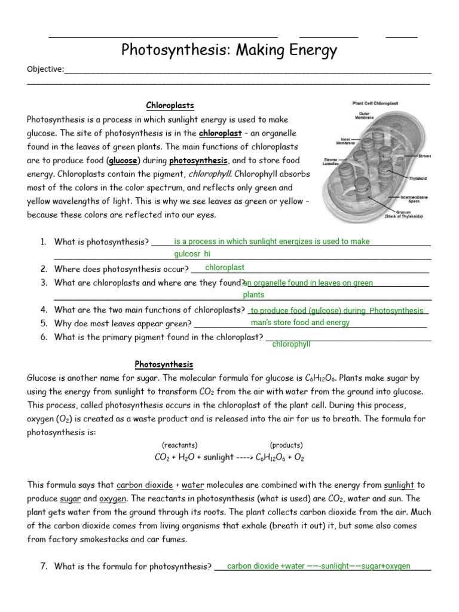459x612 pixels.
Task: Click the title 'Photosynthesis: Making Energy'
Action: point(229,51)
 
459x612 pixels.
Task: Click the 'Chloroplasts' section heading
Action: point(170,106)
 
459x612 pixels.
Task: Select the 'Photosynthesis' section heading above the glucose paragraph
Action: point(164,365)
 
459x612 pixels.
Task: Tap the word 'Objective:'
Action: point(45,69)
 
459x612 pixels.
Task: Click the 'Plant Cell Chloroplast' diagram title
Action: point(375,103)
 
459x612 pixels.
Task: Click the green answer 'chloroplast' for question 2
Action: point(225,268)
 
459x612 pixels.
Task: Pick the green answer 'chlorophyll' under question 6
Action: point(291,345)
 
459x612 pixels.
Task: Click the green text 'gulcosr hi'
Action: point(192,254)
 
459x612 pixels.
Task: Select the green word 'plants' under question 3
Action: point(253,295)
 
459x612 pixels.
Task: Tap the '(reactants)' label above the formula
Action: point(179,445)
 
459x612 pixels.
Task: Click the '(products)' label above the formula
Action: point(286,445)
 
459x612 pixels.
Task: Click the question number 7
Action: point(44,566)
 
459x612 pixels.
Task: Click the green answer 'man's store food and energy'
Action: point(300,323)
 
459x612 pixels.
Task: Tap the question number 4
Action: point(44,310)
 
